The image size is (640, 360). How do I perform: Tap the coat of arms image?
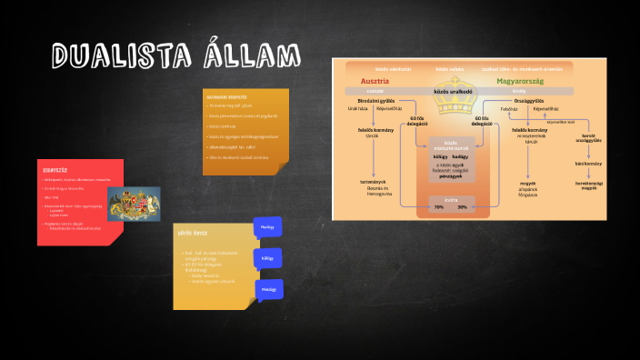pyautogui.click(x=134, y=203)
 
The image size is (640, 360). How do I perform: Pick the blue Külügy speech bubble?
pyautogui.click(x=267, y=258)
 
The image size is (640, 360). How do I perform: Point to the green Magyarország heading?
pyautogui.click(x=520, y=80)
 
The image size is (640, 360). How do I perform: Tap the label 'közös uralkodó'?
pyautogui.click(x=449, y=91)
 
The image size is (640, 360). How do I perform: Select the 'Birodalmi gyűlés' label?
pyautogui.click(x=374, y=101)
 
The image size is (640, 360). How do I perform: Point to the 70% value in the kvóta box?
pyautogui.click(x=438, y=207)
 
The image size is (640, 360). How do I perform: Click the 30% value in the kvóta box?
pyautogui.click(x=462, y=207)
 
